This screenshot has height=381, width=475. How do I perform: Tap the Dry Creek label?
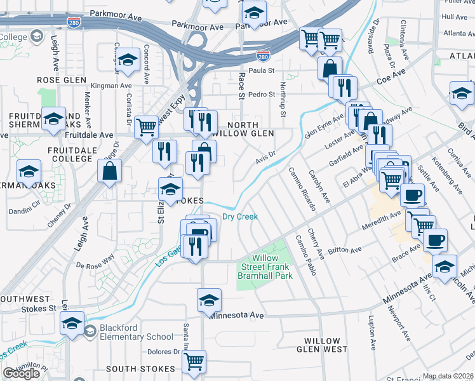[x=239, y=217]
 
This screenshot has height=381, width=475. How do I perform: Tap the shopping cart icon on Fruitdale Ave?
[x=147, y=126]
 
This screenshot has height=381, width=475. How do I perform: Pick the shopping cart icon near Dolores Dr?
[x=194, y=361]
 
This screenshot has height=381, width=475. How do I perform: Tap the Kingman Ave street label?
[x=111, y=86]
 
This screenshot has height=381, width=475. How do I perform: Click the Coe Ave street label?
[x=391, y=78]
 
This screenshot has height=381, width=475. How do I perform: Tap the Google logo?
[x=21, y=373]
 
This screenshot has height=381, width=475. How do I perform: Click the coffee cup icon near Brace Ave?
[x=436, y=240]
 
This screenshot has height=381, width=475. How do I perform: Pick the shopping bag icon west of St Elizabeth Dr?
[x=110, y=171]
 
